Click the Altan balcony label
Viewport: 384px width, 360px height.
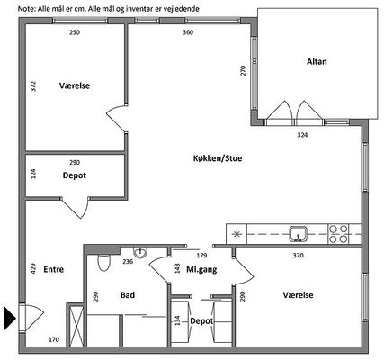[317, 62]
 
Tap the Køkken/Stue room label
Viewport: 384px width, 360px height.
[218, 158]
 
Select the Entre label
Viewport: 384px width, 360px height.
[54, 269]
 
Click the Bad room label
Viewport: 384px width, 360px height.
[128, 295]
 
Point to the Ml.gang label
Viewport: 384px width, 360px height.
[201, 270]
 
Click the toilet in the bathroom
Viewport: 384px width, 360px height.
[104, 262]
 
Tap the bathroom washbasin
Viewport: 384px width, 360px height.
[140, 253]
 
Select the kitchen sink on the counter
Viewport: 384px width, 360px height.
[298, 234]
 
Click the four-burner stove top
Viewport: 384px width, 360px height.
[338, 234]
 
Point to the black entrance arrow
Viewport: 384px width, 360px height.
[9, 318]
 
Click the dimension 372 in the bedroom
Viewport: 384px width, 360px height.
[33, 86]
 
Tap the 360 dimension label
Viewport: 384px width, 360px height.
[188, 32]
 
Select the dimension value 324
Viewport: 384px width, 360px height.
[302, 135]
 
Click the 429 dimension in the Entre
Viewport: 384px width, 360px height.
[33, 268]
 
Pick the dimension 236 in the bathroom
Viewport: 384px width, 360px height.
[128, 262]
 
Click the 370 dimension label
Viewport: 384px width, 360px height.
[298, 256]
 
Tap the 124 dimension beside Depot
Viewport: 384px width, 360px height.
[33, 174]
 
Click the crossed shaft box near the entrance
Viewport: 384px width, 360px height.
[75, 326]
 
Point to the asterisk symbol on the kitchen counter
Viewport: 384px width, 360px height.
[237, 234]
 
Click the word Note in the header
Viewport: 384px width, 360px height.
[27, 9]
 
